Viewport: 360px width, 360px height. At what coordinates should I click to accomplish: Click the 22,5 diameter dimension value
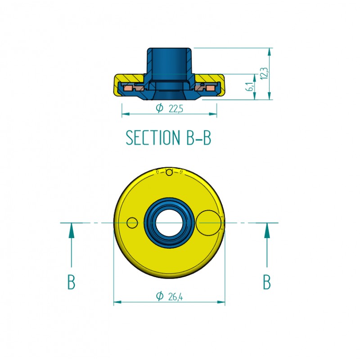tap(176, 109)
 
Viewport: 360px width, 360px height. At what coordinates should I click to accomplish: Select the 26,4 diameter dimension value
tap(175, 297)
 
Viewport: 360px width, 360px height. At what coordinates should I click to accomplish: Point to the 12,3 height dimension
tap(264, 73)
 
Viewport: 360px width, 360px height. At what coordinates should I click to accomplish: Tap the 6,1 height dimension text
tap(250, 86)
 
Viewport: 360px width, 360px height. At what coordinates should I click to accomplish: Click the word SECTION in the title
tap(153, 138)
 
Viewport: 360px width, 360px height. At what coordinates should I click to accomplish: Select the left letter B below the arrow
tap(72, 282)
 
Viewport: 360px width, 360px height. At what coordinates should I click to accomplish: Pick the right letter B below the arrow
tap(267, 282)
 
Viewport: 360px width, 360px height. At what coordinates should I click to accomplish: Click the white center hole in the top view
tap(169, 223)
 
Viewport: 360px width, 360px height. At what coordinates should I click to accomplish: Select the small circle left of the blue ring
tap(132, 223)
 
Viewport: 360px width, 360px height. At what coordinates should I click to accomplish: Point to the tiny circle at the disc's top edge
tap(169, 172)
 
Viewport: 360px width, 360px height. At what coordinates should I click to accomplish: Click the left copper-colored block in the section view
tap(128, 88)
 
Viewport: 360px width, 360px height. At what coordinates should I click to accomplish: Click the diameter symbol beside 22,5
tap(160, 108)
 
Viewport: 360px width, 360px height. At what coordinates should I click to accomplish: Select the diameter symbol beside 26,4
tap(160, 296)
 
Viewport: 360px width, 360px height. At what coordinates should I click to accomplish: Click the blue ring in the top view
tap(150, 223)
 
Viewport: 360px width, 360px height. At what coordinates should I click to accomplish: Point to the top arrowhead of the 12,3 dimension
tap(269, 52)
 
